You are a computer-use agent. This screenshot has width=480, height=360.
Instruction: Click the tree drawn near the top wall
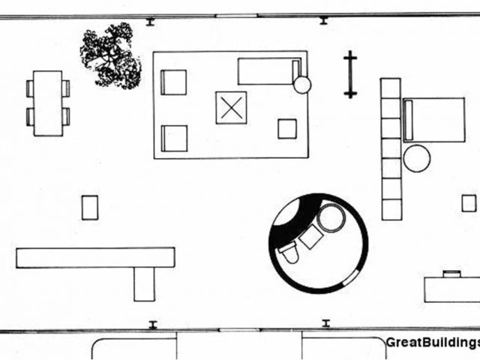[x=111, y=55]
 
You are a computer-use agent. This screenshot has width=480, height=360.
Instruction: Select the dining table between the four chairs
[x=47, y=103]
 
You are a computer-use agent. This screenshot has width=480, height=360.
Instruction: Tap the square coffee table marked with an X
[x=231, y=107]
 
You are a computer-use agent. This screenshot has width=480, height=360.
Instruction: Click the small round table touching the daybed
[x=301, y=85]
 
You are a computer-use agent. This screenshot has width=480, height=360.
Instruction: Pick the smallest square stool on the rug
[x=286, y=128]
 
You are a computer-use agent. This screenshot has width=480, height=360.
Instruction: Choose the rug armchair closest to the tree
[x=173, y=82]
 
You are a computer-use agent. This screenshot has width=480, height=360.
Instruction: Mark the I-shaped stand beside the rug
[x=349, y=74]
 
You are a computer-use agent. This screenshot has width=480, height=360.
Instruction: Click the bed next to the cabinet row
[x=434, y=120]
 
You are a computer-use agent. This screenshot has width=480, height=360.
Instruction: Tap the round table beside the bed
[x=416, y=158]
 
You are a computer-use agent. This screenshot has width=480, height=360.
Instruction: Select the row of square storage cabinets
[x=391, y=148]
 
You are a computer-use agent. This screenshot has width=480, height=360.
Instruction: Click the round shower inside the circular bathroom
[x=330, y=217]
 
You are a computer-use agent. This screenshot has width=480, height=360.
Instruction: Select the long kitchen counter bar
[x=94, y=257]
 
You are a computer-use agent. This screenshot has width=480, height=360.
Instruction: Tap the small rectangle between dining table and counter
[x=89, y=207]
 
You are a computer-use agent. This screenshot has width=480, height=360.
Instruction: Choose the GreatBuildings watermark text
[x=432, y=343]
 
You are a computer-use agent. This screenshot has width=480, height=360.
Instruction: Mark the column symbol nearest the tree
[x=150, y=22]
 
